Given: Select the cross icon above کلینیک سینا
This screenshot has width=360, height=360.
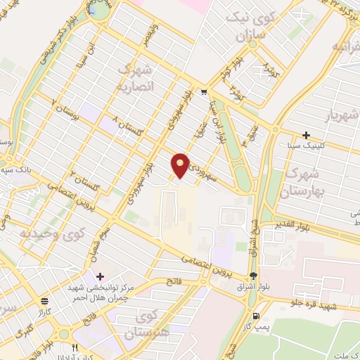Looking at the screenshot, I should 306,135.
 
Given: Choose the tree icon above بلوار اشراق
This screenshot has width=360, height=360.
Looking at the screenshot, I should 253,276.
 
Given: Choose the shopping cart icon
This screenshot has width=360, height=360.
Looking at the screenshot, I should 204,92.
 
